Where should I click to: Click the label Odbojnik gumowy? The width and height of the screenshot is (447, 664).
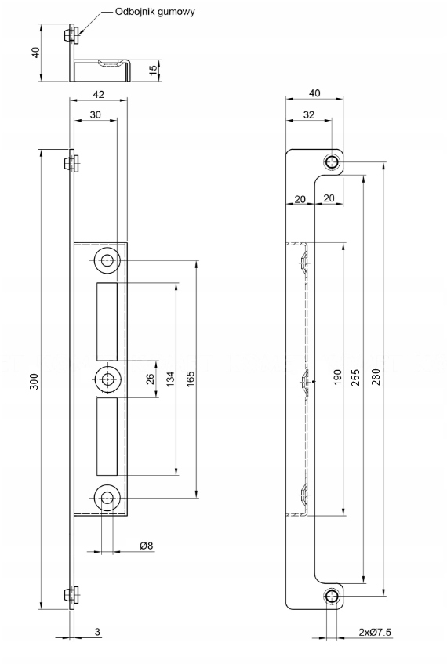click(x=155, y=12)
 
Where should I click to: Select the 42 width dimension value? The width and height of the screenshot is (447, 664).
click(x=98, y=94)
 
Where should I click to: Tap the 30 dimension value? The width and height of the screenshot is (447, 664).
click(x=96, y=114)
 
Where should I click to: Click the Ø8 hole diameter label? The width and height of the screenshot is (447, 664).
click(x=146, y=546)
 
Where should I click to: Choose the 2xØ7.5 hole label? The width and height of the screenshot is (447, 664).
click(x=375, y=632)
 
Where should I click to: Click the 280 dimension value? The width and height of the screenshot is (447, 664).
click(x=376, y=377)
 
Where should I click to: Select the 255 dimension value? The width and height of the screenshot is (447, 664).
click(x=355, y=377)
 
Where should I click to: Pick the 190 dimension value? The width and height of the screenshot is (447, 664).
click(x=337, y=378)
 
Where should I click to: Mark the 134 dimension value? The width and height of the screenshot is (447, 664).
click(x=169, y=379)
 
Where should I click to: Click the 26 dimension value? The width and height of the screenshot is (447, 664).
click(x=150, y=379)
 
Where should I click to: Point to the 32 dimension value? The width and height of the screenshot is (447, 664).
click(x=309, y=114)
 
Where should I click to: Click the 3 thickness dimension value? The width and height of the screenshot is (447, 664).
click(x=97, y=632)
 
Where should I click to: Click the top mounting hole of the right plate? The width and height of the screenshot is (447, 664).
click(x=332, y=161)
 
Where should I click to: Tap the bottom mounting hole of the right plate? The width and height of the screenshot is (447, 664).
click(x=332, y=597)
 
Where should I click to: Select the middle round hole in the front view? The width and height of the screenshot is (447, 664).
click(x=107, y=379)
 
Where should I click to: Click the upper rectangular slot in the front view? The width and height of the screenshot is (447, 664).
click(x=107, y=320)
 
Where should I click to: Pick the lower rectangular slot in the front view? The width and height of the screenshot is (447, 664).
click(x=107, y=436)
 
